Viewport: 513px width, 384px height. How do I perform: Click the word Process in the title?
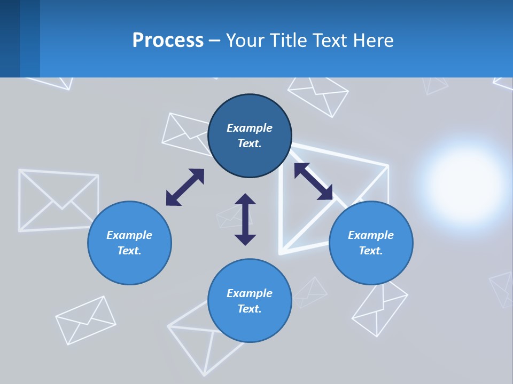point(168,41)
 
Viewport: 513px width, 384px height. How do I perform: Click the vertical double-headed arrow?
point(245,219)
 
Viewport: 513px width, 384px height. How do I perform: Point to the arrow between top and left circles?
point(185,187)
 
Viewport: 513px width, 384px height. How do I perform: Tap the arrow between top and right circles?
point(313,181)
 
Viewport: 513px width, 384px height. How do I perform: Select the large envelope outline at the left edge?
point(58,200)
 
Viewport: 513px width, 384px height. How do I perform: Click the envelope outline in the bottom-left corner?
point(85,319)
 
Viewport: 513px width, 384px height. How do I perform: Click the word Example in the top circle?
point(250,128)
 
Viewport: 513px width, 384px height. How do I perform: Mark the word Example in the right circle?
point(371,235)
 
